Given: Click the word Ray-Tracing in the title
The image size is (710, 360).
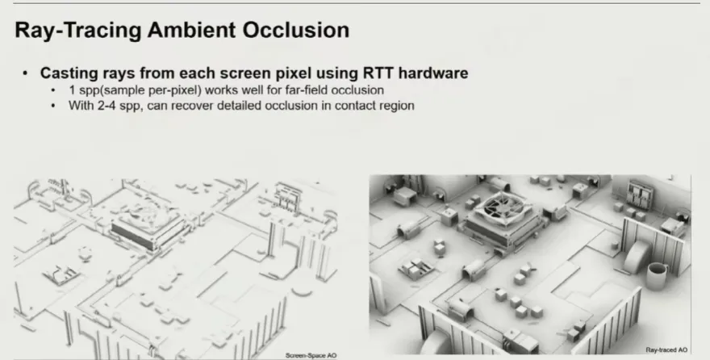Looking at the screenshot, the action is tap(78, 31).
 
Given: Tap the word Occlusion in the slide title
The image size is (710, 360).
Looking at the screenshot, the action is tap(296, 30).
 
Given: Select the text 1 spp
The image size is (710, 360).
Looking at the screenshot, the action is tap(83, 90).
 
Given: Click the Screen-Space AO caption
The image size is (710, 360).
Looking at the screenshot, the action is tap(311, 355).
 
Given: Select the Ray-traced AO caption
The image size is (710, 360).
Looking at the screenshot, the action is tap(666, 350).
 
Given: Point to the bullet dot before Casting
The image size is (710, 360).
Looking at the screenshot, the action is tap(25, 73).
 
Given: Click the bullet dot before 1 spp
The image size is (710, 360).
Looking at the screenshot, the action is tap(53, 90).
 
